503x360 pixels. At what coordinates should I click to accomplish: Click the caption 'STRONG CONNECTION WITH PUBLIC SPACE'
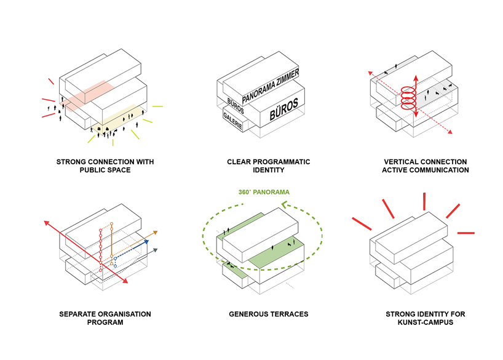(105, 166)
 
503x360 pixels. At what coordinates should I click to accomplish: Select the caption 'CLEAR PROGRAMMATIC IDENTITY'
(268, 166)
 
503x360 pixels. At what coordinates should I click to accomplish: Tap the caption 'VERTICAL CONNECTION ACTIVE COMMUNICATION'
(425, 166)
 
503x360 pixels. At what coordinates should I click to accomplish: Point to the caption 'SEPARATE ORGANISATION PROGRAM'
(105, 318)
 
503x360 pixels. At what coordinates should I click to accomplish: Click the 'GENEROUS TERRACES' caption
(269, 314)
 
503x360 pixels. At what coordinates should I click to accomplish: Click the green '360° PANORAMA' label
(264, 192)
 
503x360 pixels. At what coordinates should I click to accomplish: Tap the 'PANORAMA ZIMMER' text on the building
(271, 87)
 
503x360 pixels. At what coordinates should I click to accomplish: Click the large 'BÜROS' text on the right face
(283, 110)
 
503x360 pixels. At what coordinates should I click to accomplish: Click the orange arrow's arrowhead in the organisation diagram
(156, 233)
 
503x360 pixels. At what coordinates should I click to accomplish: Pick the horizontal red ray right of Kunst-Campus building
(466, 233)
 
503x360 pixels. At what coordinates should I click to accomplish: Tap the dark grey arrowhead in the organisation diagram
(157, 250)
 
